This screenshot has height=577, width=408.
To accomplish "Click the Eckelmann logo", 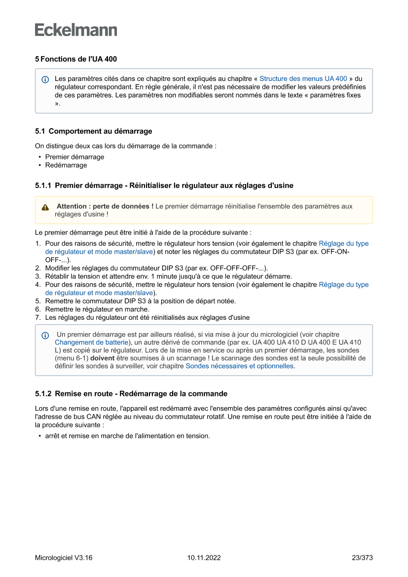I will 76,30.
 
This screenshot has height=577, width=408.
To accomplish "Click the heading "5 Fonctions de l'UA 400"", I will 76,59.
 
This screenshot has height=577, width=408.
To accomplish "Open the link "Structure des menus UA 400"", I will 303,78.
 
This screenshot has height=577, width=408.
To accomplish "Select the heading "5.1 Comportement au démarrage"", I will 93,131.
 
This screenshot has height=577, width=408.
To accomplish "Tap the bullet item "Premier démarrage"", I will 74,157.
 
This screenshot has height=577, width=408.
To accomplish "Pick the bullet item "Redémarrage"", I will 66,165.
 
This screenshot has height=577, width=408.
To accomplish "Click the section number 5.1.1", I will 43,186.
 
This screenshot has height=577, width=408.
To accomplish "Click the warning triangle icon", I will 45,207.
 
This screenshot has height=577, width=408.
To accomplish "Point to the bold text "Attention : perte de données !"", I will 105,206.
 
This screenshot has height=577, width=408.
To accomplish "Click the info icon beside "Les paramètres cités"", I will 45,79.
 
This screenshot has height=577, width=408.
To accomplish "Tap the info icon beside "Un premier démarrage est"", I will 45,335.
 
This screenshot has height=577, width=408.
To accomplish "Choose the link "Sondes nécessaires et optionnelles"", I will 239,366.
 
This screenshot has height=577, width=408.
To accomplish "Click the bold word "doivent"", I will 103,358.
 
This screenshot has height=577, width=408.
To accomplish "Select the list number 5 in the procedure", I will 37,301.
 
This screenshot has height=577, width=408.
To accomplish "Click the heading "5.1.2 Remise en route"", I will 131,394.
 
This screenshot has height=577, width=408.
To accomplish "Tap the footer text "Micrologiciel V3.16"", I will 64,558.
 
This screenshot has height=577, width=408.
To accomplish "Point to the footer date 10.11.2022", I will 204,558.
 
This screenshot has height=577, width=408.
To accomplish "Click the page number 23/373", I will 362,558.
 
